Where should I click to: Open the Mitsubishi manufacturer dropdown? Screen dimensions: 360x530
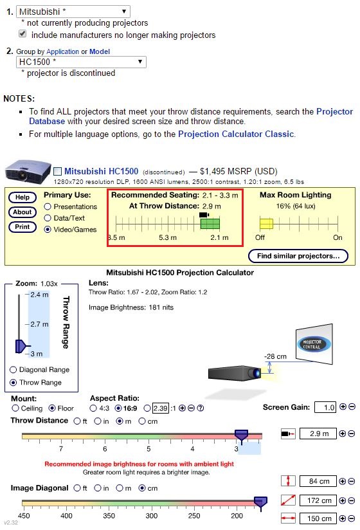(73, 12)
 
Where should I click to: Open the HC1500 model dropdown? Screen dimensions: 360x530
(81, 62)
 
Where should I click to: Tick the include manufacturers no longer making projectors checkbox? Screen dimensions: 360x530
(22, 33)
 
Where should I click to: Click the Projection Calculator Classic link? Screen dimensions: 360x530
(236, 134)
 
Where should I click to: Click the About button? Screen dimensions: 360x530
(22, 212)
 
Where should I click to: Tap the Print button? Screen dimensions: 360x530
(22, 227)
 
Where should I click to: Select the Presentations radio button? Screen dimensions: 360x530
(48, 206)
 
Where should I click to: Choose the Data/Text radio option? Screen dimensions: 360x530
(48, 218)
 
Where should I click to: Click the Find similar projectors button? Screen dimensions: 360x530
(298, 256)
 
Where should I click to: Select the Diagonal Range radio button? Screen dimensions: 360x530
(14, 369)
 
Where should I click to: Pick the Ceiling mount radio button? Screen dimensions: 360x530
(15, 408)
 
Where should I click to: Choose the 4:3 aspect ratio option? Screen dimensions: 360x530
(93, 408)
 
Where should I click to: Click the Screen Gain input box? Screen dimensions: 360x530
(325, 407)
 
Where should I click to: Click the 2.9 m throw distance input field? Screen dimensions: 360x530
(318, 434)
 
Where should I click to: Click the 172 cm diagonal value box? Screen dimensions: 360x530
(318, 500)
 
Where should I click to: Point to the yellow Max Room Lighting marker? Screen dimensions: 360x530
(266, 224)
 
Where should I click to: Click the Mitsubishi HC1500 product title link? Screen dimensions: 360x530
(102, 171)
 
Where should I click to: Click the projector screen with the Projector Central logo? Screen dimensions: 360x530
(314, 344)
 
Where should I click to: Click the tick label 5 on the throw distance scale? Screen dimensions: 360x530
(148, 449)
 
